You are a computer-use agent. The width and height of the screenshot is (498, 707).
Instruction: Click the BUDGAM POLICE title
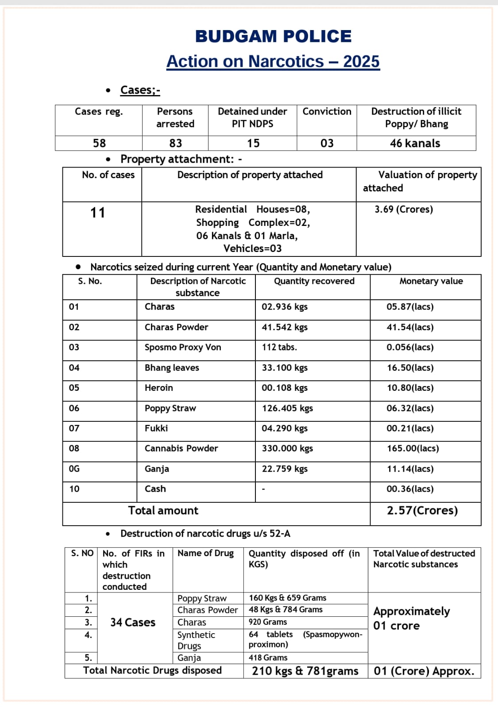[273, 36]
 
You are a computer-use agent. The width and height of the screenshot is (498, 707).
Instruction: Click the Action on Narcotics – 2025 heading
[273, 61]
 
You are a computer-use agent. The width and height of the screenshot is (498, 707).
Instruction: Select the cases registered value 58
[99, 143]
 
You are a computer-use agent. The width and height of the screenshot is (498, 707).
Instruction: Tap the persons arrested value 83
[175, 143]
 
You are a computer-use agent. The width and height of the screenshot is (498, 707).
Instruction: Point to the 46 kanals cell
[415, 143]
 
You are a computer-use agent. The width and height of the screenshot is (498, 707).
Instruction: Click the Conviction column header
[327, 111]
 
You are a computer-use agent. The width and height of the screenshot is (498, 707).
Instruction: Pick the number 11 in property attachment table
[98, 213]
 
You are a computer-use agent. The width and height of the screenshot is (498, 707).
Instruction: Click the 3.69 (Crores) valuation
[404, 209]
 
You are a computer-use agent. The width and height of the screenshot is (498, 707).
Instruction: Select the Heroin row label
[159, 388]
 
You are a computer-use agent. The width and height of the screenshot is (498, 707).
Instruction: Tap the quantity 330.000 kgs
[287, 448]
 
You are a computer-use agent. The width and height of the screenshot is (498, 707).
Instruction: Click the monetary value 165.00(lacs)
[413, 448]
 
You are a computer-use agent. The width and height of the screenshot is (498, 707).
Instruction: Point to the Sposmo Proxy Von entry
[183, 348]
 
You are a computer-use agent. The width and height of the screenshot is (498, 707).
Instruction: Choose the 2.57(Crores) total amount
[422, 511]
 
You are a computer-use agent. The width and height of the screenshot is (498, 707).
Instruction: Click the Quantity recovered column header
[314, 281]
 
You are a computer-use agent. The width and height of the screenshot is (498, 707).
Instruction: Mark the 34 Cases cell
[133, 623]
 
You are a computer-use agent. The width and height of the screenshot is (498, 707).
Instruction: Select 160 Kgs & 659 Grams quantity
[287, 598]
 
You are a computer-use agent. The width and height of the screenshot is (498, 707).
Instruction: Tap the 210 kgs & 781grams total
[305, 671]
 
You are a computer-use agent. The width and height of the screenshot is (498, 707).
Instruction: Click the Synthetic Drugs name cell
[196, 640]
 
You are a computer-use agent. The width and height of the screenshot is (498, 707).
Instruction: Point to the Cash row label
[155, 489]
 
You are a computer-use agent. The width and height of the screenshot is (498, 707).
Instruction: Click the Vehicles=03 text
[252, 248]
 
